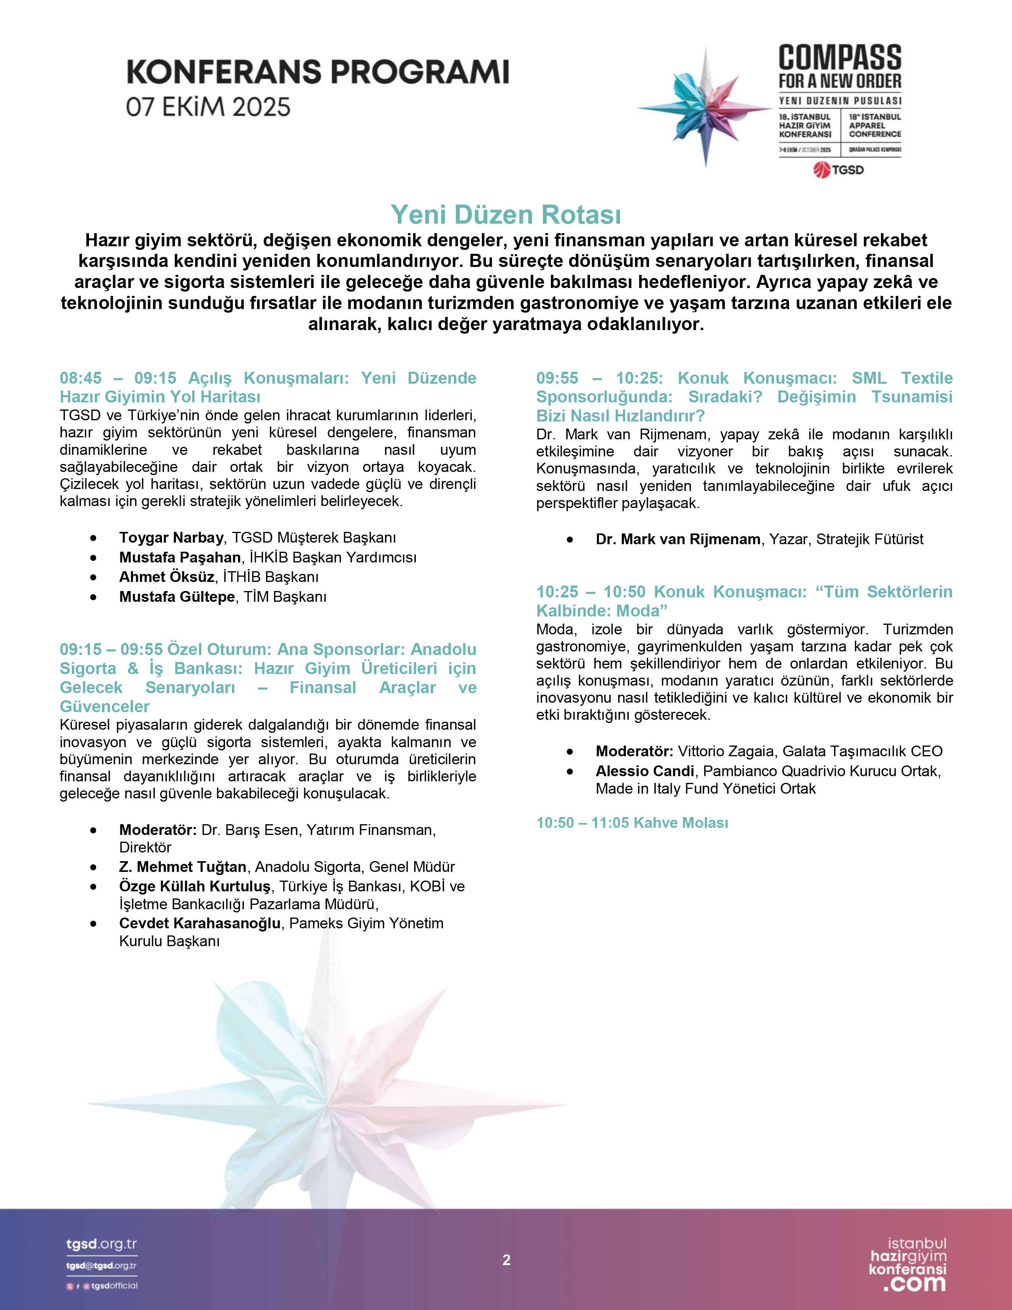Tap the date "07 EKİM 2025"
coord(208,107)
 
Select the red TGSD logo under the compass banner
coord(839,170)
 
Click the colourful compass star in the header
coord(705,108)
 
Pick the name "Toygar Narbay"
coord(171,537)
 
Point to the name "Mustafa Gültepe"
coord(177,597)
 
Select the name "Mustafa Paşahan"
coord(180,557)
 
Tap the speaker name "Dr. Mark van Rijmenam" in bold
coord(678,539)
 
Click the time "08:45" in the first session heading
coord(80,378)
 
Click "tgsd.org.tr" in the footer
coord(101,1244)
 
